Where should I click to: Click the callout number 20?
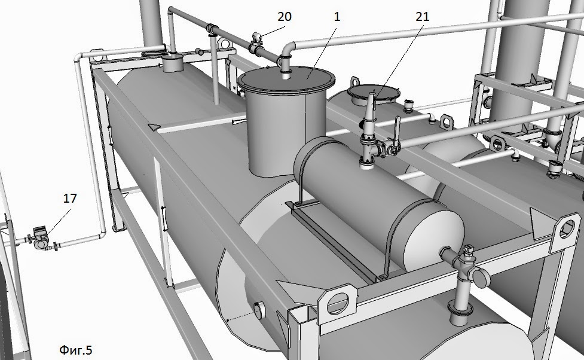[284, 17]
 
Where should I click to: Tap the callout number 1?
[337, 17]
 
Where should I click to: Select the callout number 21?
[423, 17]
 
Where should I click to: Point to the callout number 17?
[70, 199]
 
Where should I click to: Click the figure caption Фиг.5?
[75, 350]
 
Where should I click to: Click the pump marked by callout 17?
[40, 239]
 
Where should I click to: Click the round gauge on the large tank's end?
[258, 311]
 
